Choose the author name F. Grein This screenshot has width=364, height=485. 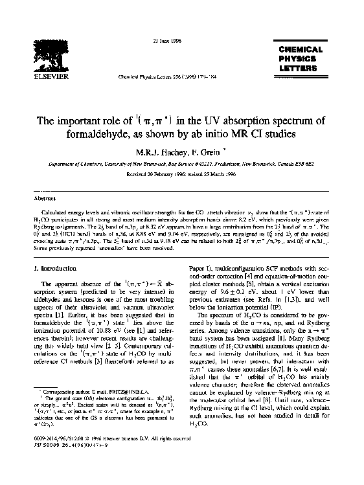[x=205, y=153]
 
